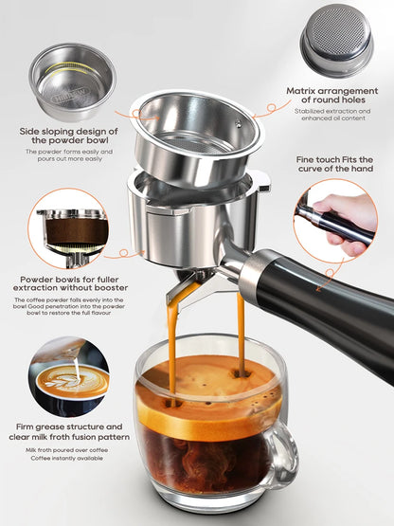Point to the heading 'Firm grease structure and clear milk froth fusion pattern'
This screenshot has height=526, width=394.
coord(75,433)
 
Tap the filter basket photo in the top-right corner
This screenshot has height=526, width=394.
coord(336,40)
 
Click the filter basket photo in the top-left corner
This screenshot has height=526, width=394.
coord(71,82)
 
